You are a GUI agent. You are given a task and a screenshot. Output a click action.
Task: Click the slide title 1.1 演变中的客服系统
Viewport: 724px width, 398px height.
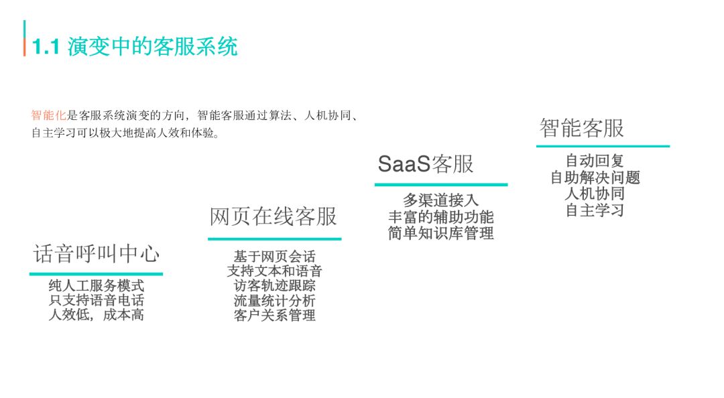click(135, 47)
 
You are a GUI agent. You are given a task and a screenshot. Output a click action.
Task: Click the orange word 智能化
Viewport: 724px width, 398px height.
click(45, 115)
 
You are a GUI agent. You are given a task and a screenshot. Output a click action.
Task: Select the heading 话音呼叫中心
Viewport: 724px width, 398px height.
click(97, 254)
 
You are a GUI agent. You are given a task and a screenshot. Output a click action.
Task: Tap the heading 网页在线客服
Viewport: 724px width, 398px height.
click(274, 216)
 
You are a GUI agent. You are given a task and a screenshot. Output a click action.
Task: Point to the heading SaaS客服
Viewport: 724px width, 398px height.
click(426, 163)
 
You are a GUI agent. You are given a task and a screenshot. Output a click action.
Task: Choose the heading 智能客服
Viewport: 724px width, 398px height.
click(582, 127)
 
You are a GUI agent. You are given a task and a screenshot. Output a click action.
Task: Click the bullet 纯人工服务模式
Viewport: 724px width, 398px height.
click(97, 286)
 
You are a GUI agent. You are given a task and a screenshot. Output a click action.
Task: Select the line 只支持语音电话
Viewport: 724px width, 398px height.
click(97, 301)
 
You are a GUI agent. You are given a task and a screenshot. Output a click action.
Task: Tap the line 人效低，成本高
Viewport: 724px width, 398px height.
click(97, 315)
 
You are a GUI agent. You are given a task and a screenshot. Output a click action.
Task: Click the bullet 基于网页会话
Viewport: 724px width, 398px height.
click(274, 257)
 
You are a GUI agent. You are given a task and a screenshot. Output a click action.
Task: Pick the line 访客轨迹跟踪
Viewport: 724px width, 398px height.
click(274, 286)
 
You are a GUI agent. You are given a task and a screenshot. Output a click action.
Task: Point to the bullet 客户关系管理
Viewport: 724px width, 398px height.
click(274, 315)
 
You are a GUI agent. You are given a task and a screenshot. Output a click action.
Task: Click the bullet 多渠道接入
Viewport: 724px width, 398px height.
click(440, 200)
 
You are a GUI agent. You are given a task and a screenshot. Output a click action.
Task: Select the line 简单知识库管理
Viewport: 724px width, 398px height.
click(440, 233)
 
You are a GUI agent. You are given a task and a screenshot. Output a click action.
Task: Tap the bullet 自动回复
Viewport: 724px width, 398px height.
click(595, 161)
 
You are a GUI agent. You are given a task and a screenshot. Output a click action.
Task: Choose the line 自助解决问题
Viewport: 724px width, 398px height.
click(595, 178)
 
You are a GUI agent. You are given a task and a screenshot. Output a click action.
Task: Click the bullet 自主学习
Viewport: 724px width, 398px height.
click(595, 210)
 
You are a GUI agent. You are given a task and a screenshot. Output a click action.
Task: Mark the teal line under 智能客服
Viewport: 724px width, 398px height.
click(603, 146)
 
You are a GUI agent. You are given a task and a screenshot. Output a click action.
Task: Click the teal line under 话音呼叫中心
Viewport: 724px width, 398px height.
click(96, 273)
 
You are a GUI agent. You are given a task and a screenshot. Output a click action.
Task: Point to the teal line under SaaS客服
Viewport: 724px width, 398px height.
click(440, 184)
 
